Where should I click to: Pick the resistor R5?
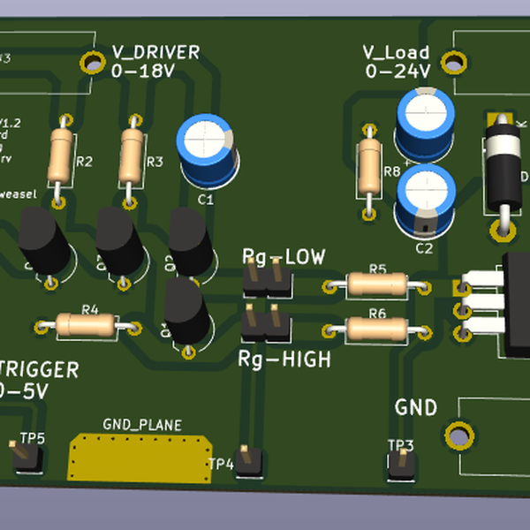377,284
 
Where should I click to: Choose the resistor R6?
376,329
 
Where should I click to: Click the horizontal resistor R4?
86,325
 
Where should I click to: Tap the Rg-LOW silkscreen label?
284,257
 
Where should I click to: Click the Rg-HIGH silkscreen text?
284,360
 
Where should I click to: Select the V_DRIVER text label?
155,52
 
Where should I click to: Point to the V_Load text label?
397,52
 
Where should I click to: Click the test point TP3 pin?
401,462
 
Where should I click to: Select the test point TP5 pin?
24,458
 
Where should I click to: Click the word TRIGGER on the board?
40,370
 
